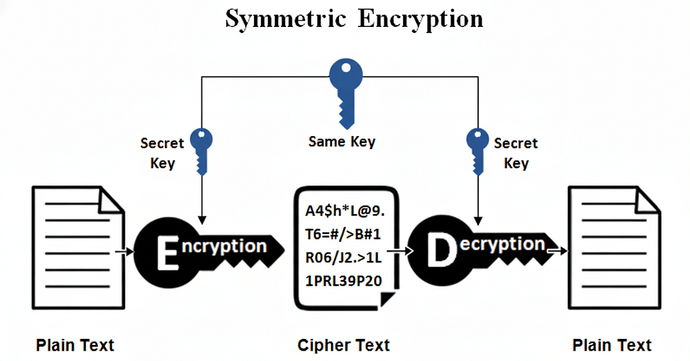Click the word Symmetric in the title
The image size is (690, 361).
coord(286,19)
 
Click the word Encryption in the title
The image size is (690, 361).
coord(420,19)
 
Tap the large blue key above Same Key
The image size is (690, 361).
coord(346,94)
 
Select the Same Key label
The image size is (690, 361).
coord(342,142)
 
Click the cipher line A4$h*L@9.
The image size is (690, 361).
coord(345,211)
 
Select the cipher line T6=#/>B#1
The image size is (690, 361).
coord(343,234)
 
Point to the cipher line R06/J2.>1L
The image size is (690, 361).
coord(344,257)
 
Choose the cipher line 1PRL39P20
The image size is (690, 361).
coord(344,281)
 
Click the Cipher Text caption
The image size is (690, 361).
coord(344,345)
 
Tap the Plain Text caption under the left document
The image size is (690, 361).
coord(75,345)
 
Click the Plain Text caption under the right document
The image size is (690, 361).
coord(611,345)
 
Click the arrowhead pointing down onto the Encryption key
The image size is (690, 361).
coord(202,220)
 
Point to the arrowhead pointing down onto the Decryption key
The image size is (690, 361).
coord(478,220)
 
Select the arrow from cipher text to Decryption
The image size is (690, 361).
coord(401,251)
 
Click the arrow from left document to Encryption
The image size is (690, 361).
coord(124,252)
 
